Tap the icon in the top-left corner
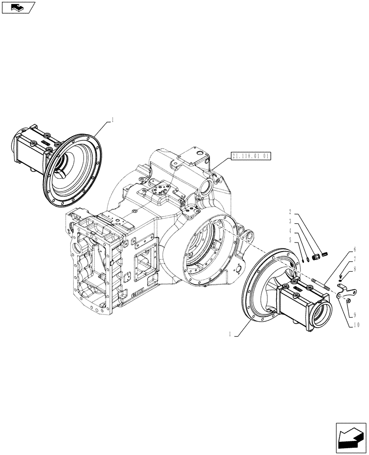pos(18,7)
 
